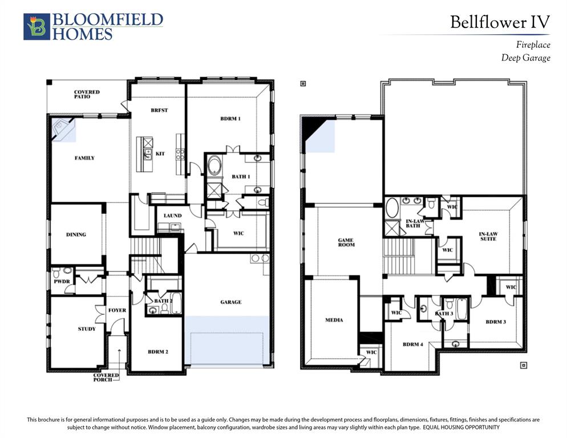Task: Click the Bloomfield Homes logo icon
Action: (x=37, y=26)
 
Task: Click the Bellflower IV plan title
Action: (x=500, y=22)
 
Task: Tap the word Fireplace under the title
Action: (x=533, y=45)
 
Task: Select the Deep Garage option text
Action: (x=526, y=58)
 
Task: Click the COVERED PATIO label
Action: (x=87, y=95)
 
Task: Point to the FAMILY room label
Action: (x=84, y=158)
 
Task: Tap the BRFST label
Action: (x=160, y=110)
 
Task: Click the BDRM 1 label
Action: (x=230, y=118)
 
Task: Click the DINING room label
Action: (x=76, y=234)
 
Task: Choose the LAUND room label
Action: (x=172, y=216)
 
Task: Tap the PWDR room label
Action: (x=62, y=281)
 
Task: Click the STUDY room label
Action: (x=87, y=328)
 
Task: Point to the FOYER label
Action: (x=117, y=310)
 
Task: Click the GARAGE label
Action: (x=230, y=302)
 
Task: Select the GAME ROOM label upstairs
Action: (x=346, y=242)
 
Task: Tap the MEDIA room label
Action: (x=334, y=320)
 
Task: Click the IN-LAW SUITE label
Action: (x=488, y=237)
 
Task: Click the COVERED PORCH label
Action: (x=106, y=378)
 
